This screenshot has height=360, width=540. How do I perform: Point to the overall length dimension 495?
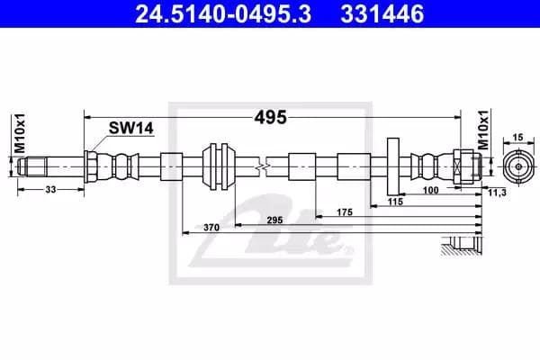(x=270, y=117)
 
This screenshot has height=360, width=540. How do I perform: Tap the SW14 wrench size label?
(x=130, y=129)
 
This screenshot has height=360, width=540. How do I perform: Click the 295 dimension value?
(x=275, y=220)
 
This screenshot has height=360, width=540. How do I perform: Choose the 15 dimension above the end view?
(x=517, y=137)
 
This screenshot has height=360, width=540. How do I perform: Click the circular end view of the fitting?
(x=517, y=166)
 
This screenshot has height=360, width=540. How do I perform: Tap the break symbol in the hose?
(x=260, y=167)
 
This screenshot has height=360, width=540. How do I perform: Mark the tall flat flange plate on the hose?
(x=393, y=166)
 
